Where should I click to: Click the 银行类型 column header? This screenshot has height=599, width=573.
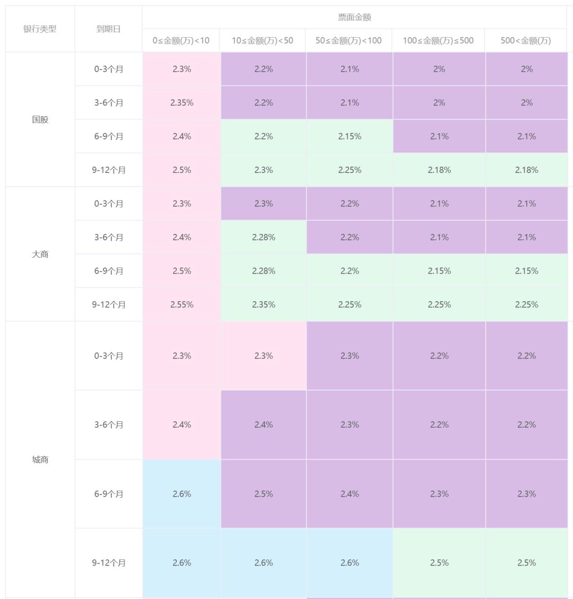point(40,29)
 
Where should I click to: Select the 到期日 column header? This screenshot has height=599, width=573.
point(108,29)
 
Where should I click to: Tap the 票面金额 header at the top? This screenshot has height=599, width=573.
point(354,17)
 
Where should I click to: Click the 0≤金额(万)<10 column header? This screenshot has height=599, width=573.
point(181,41)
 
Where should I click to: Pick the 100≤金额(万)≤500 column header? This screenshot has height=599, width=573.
point(438,41)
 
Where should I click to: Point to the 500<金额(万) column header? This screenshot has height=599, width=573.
point(526,41)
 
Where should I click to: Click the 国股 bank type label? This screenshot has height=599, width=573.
point(40,119)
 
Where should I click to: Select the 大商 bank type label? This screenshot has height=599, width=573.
point(40,254)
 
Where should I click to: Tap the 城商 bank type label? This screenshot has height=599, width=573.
point(40,459)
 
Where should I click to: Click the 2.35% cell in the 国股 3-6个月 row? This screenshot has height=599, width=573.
point(181,103)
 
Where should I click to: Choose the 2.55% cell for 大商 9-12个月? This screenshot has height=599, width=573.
point(181,305)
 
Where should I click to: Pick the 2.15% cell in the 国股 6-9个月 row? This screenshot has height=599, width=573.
point(350,136)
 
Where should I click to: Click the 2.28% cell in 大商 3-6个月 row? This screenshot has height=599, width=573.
point(263,237)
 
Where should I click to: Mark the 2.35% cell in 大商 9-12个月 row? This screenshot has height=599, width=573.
point(263,305)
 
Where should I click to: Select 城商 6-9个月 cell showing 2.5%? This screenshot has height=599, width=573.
point(263,494)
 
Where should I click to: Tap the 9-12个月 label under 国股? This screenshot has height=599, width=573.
point(109,170)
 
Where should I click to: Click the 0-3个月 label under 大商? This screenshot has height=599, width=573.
point(109,204)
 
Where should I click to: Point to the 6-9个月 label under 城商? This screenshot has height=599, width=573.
point(109,494)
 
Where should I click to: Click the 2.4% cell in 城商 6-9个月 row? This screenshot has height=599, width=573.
point(350,494)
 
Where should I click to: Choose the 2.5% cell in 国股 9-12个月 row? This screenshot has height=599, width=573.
point(181,170)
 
